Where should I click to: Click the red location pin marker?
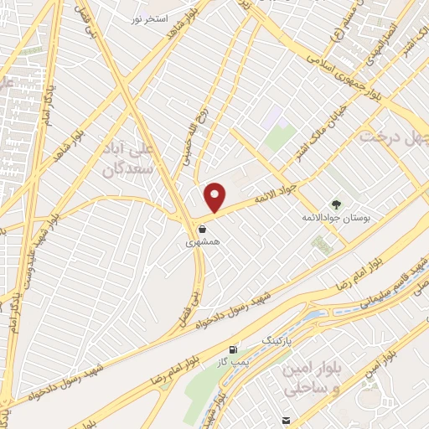(215, 197)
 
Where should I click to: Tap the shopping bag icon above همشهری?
(202, 227)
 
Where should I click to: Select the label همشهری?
(202, 240)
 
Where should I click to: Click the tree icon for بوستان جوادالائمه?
(337, 204)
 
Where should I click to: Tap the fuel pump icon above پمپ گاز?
(233, 349)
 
